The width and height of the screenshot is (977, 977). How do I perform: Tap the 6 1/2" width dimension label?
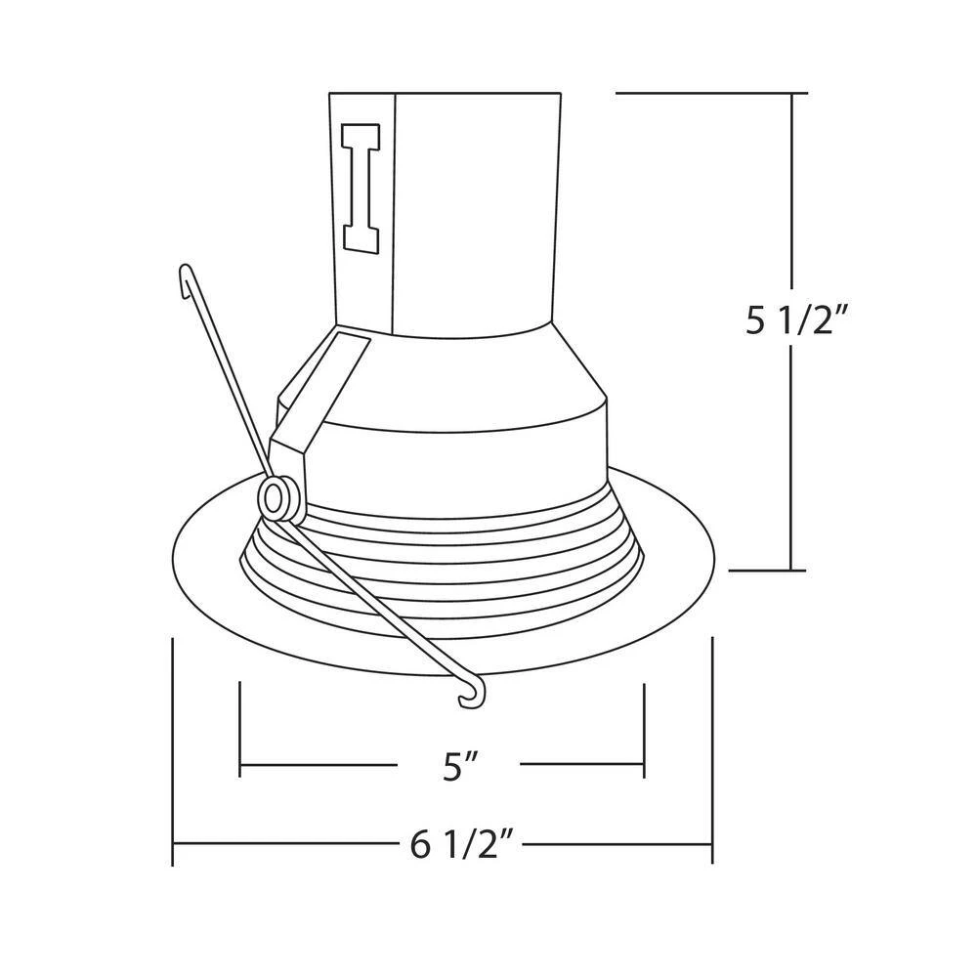coord(461,845)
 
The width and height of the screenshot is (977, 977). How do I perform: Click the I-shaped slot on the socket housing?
coord(361,189)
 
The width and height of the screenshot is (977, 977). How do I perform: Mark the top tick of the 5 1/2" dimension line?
coord(791,94)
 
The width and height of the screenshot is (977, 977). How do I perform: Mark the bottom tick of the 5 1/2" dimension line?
coord(791,570)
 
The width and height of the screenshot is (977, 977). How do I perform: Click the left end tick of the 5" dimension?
coord(240,730)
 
